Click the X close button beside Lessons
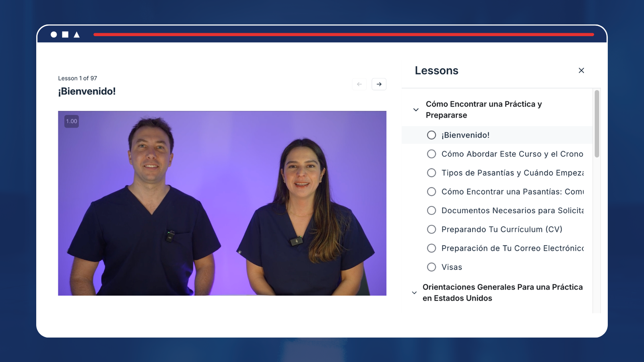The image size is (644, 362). pyautogui.click(x=581, y=70)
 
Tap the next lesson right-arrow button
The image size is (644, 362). pyautogui.click(x=379, y=84)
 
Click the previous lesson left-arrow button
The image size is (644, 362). pyautogui.click(x=359, y=84)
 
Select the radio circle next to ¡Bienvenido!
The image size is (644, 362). pyautogui.click(x=431, y=135)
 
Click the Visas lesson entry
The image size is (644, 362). pyautogui.click(x=452, y=267)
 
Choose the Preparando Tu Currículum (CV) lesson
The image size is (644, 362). pyautogui.click(x=502, y=229)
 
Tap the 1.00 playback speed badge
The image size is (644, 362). pyautogui.click(x=72, y=121)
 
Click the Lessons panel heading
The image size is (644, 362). pyautogui.click(x=436, y=70)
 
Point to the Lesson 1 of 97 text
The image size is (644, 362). pyautogui.click(x=78, y=78)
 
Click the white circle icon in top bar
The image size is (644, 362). pyautogui.click(x=54, y=35)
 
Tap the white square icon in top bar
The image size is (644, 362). pyautogui.click(x=65, y=35)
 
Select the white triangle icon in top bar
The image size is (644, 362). pyautogui.click(x=76, y=35)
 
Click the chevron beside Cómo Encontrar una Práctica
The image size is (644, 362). pyautogui.click(x=416, y=109)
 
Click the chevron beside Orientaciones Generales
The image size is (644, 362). pyautogui.click(x=414, y=293)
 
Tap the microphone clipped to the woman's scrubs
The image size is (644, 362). pyautogui.click(x=296, y=241)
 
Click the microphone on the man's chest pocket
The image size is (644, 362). pyautogui.click(x=170, y=236)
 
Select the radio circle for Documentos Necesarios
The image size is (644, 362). pyautogui.click(x=431, y=211)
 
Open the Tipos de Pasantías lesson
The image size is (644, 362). pyautogui.click(x=512, y=173)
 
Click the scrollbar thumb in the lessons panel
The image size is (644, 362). pyautogui.click(x=597, y=124)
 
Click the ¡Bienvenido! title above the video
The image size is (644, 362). pyautogui.click(x=87, y=91)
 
